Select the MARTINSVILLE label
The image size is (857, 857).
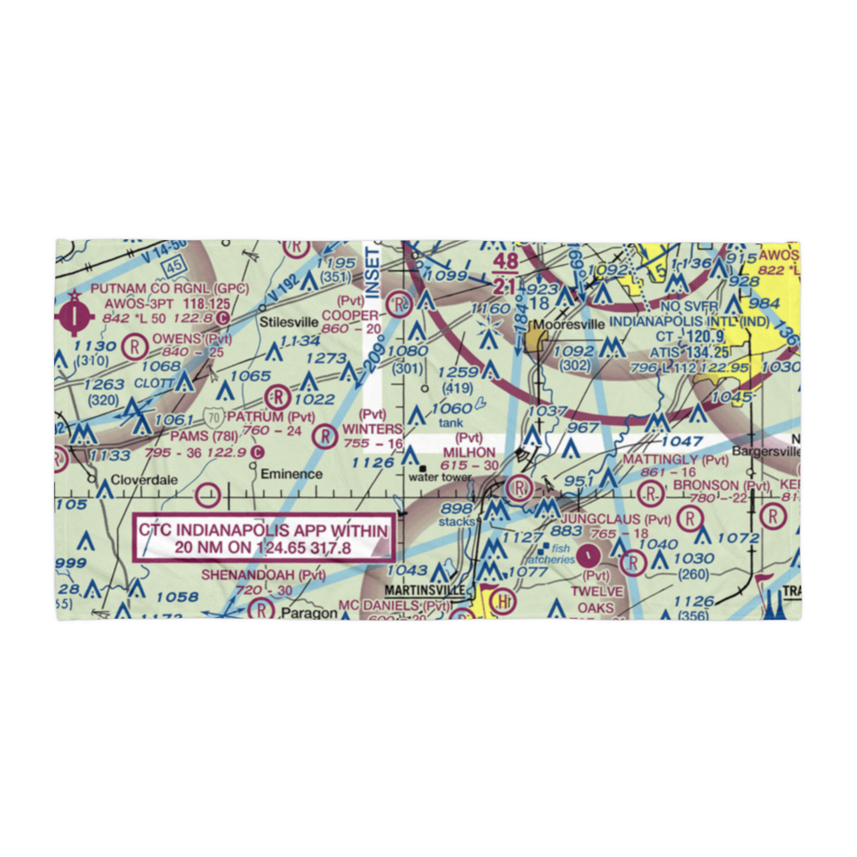coord(425,591)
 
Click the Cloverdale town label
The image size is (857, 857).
coord(142,481)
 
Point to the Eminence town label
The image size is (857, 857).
coord(291,474)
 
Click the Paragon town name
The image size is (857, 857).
coord(306,614)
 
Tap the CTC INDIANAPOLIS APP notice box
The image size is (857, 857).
coord(264,540)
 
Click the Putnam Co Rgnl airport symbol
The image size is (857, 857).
coord(75,315)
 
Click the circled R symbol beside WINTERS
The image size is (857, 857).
coord(326,436)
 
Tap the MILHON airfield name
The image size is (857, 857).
coord(468,452)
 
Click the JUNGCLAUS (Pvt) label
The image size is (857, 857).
coord(614,519)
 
